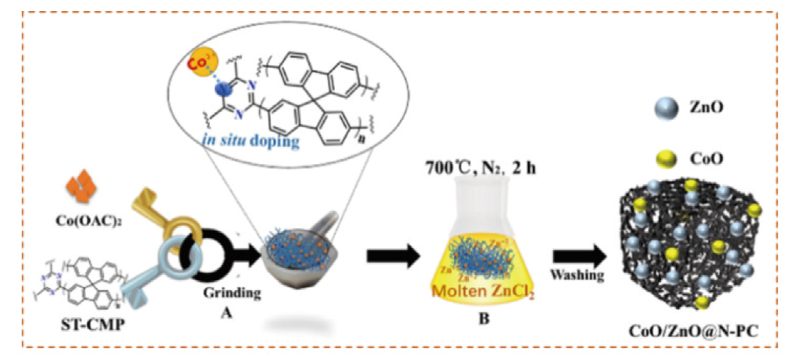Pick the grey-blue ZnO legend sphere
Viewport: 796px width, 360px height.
(664, 107)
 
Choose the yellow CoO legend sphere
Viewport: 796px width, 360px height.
(665, 158)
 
